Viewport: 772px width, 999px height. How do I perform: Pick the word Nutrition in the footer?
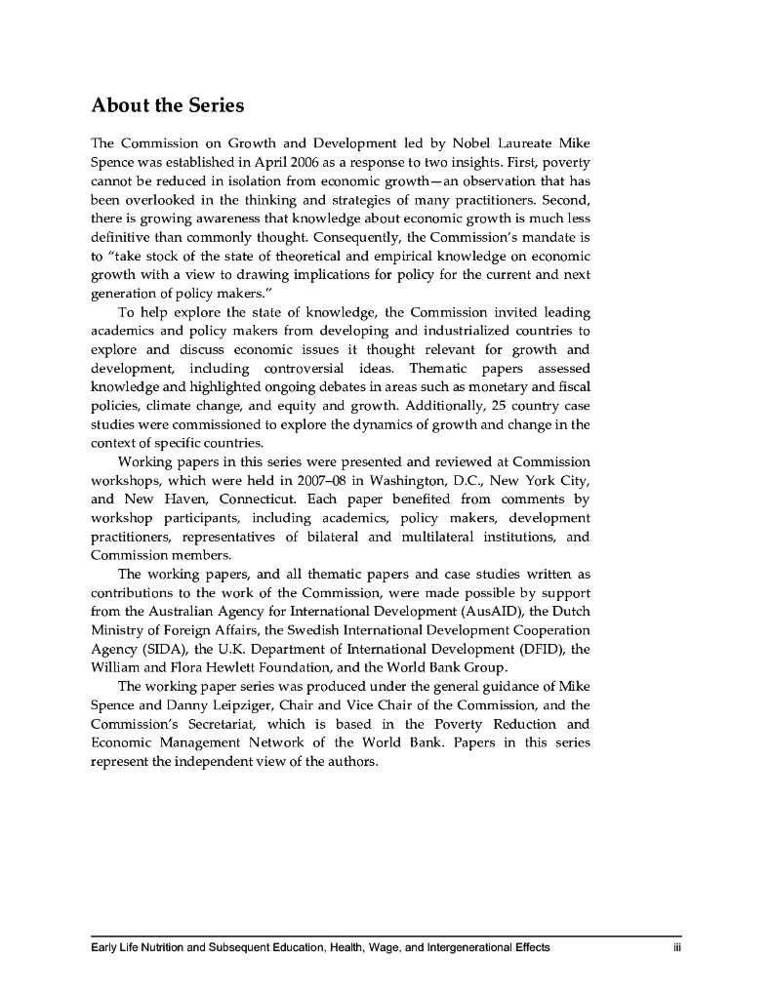tap(158, 947)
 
